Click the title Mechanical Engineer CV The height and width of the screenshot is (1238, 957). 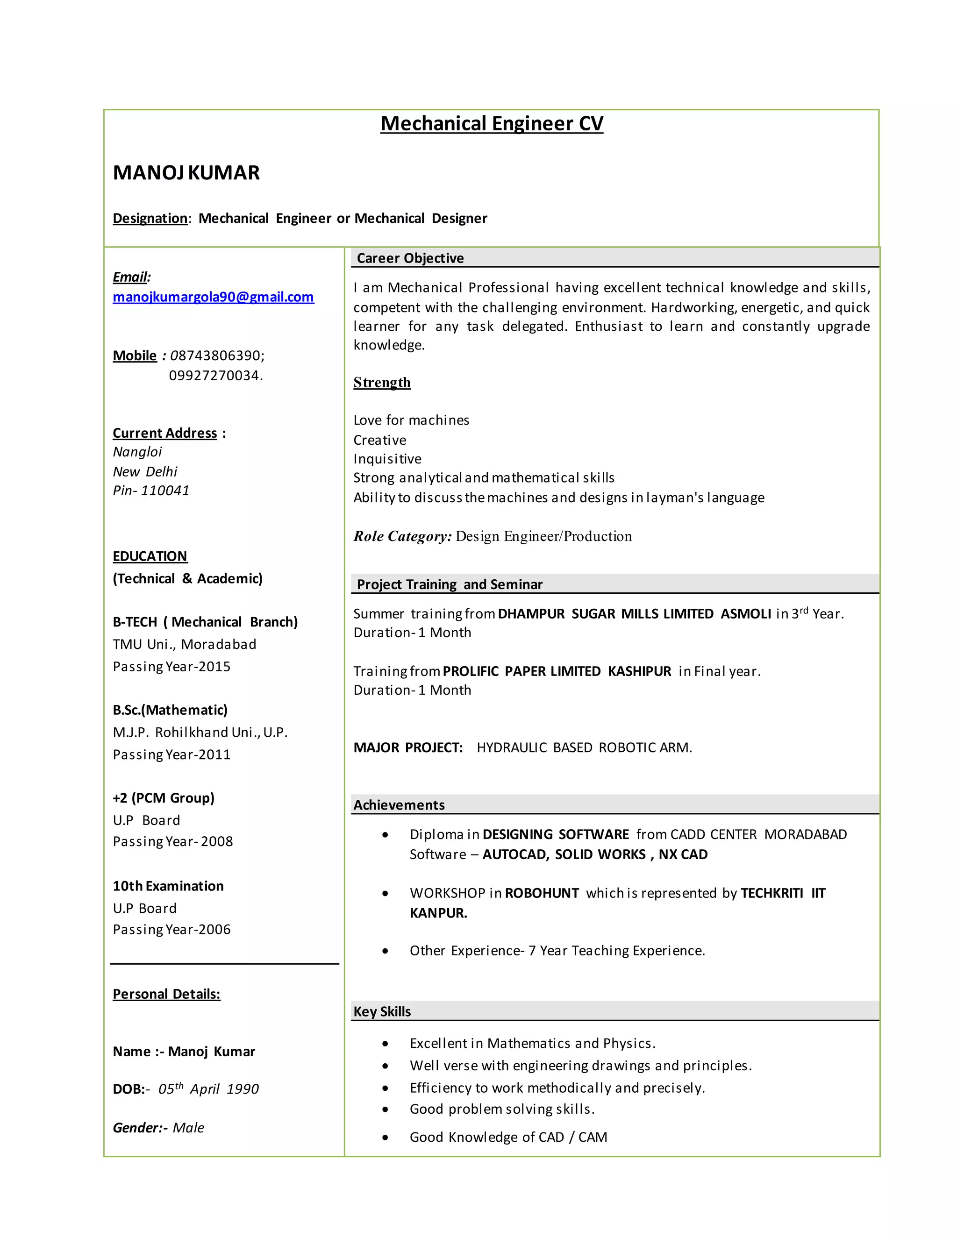(492, 124)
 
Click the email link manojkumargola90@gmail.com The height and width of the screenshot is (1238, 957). (213, 297)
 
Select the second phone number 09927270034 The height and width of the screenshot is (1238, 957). (215, 375)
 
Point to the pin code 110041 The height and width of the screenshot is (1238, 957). (164, 491)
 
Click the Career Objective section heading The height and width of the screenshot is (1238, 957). (410, 258)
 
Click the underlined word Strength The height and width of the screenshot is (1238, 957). (382, 382)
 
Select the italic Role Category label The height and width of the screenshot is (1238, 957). (402, 536)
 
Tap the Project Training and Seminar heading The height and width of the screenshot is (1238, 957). (450, 584)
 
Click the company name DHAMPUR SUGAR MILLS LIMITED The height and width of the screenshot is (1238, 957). (606, 614)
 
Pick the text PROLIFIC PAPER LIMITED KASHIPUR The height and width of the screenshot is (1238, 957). (557, 671)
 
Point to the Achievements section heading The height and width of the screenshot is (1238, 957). (399, 805)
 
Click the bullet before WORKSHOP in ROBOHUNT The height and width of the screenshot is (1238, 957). (386, 894)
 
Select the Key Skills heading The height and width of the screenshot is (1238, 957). (382, 1011)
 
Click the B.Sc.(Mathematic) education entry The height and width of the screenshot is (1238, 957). (170, 710)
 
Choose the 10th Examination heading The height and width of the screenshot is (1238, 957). (168, 886)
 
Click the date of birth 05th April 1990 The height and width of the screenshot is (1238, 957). (208, 1089)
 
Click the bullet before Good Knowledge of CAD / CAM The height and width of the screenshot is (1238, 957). (386, 1138)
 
